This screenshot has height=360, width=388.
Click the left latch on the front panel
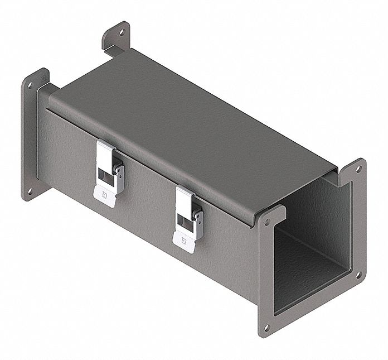click(x=109, y=172)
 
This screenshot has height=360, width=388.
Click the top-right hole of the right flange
click(x=358, y=167)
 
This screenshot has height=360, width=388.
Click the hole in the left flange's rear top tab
click(x=122, y=32)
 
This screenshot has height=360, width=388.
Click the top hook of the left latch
click(x=105, y=148)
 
